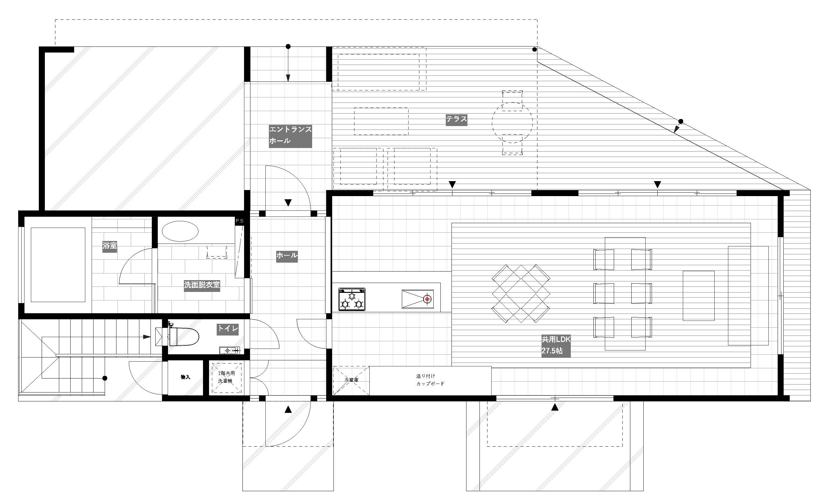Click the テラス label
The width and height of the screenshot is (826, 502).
tap(456, 119)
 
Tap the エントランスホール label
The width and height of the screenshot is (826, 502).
tap(290, 136)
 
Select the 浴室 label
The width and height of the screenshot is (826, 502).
tap(110, 246)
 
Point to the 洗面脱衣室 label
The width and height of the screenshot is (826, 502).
tap(202, 285)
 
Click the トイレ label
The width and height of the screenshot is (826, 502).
tap(227, 329)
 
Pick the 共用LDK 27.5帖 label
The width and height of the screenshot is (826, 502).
tap(556, 346)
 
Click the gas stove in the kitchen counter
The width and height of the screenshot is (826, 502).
tap(352, 299)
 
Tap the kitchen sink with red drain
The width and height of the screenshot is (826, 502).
tap(418, 299)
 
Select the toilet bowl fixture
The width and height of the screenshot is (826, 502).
tap(183, 336)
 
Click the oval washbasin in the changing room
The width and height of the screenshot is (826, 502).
tap(180, 231)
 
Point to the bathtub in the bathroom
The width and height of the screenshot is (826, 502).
tap(58, 265)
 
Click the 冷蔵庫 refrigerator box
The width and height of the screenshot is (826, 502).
tap(351, 381)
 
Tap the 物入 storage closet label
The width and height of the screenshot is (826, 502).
tap(185, 377)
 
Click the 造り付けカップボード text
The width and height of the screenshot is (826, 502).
tap(430, 380)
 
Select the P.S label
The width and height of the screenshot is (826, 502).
tap(239, 221)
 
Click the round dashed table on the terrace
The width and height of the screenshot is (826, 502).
tap(512, 123)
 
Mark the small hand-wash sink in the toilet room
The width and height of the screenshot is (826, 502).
tap(230, 351)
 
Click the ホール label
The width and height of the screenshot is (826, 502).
tap(287, 256)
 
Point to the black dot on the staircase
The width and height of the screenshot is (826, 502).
tap(105, 378)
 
